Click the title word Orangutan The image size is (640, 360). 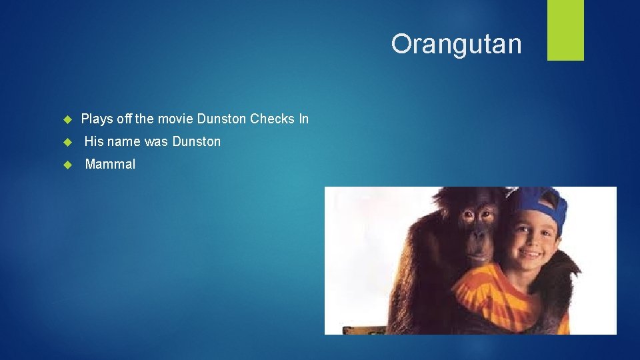(x=456, y=44)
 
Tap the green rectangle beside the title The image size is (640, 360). (x=565, y=30)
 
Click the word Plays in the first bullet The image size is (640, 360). (x=97, y=119)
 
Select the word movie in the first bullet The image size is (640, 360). (x=175, y=119)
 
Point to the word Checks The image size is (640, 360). (x=272, y=119)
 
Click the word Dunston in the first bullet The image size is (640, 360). (x=221, y=119)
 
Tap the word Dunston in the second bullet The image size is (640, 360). (x=196, y=141)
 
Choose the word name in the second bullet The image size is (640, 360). (x=125, y=141)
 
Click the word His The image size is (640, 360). (x=93, y=141)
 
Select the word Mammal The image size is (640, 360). (x=110, y=164)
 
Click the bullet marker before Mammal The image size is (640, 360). (x=67, y=165)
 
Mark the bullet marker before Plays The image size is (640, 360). (x=67, y=120)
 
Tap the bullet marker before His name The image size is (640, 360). (x=67, y=142)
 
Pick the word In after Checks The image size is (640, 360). (x=303, y=119)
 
